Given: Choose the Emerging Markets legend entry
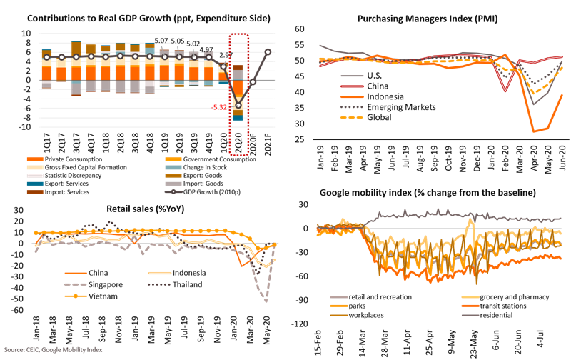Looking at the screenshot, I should [395, 106].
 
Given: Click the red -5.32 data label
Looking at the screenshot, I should [220, 107].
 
